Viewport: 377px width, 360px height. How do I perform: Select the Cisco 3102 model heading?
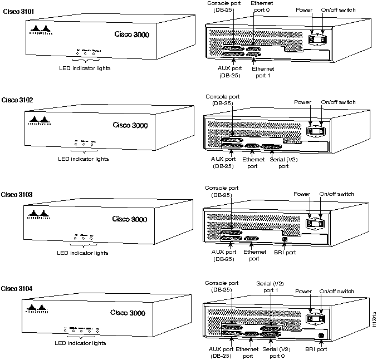pos(17,100)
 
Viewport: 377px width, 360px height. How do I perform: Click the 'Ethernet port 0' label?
pos(262,7)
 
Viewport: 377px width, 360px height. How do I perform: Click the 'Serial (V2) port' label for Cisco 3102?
pos(279,162)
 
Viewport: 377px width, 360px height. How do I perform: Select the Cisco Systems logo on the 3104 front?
pos(38,309)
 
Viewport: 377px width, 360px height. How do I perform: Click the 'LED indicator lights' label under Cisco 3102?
pos(84,159)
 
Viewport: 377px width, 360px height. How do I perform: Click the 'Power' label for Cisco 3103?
pos(302,194)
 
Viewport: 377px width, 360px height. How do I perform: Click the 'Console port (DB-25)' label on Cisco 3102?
pos(221,99)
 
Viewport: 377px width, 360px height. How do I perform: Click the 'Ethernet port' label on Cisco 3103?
pos(251,255)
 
